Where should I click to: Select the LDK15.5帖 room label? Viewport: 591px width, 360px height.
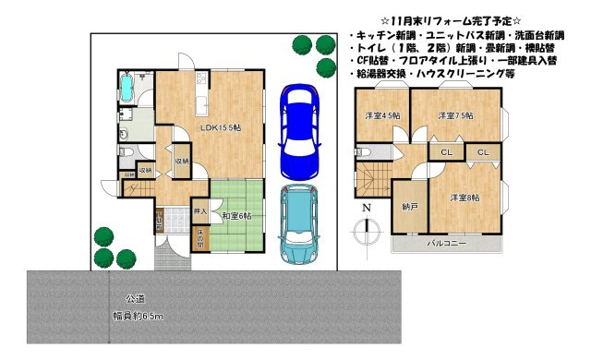pyautogui.click(x=222, y=126)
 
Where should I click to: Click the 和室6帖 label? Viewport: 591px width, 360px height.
pyautogui.click(x=237, y=216)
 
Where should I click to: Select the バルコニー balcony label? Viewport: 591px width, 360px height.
pyautogui.click(x=446, y=245)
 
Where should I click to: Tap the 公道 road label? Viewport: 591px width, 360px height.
pyautogui.click(x=135, y=299)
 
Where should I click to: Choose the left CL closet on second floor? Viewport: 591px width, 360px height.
pyautogui.click(x=446, y=152)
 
